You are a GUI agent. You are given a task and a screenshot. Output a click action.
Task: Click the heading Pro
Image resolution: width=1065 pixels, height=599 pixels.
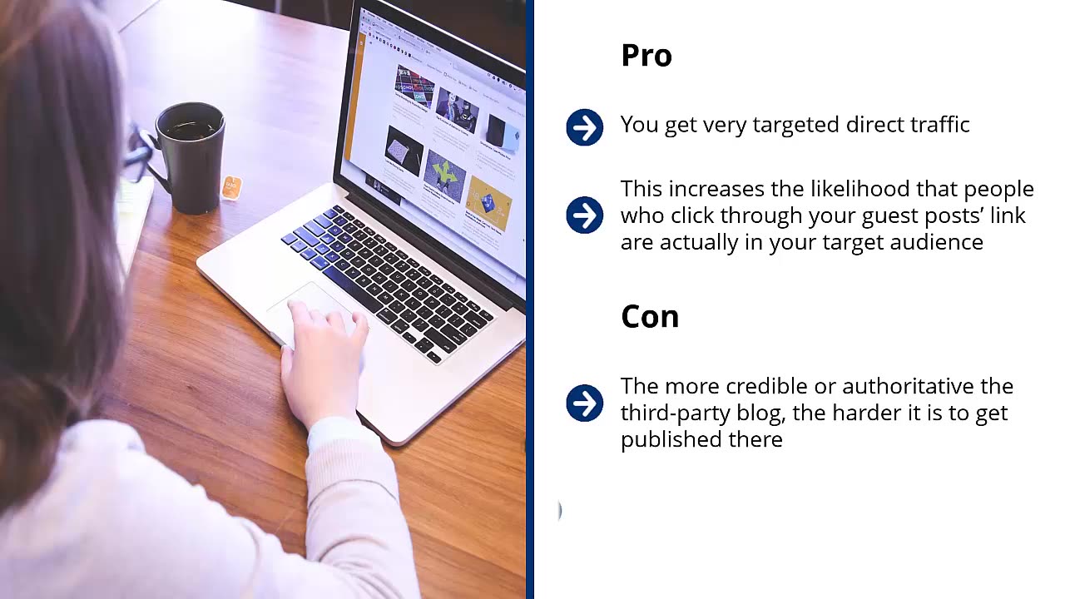(646, 56)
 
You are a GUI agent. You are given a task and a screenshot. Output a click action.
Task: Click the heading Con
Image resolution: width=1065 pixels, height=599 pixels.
(650, 317)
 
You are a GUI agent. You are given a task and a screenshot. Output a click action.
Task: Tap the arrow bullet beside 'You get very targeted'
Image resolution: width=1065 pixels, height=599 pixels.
(584, 128)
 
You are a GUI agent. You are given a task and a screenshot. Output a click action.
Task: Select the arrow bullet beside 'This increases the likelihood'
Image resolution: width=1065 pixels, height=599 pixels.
(584, 215)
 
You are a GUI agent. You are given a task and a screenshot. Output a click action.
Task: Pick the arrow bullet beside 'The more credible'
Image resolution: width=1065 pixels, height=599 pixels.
(584, 403)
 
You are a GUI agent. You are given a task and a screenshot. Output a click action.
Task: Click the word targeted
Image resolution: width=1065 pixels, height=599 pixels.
(795, 125)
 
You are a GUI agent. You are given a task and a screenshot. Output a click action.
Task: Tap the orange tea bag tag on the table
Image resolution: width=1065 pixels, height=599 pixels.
(231, 187)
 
